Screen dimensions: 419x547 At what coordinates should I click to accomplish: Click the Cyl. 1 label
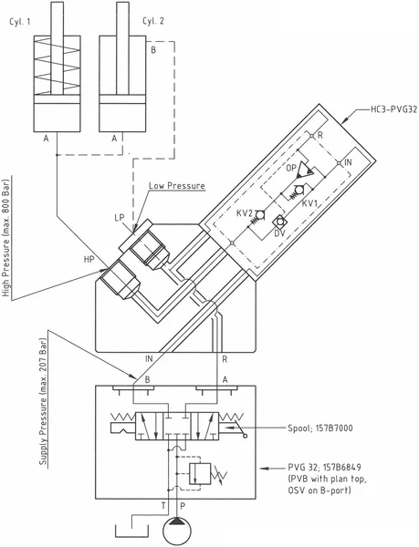(19, 22)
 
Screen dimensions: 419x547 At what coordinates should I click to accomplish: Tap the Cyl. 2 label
(153, 21)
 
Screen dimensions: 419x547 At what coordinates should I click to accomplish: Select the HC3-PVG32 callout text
(393, 109)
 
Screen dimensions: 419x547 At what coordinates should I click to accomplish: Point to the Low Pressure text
(177, 186)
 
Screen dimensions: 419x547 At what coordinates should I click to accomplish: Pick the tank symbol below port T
(132, 531)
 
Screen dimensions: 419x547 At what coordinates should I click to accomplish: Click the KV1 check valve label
(309, 203)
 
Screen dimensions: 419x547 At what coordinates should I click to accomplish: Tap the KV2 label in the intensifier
(244, 212)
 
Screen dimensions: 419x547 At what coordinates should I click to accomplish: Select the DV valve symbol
(279, 222)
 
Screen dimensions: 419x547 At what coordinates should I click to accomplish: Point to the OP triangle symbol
(305, 171)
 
